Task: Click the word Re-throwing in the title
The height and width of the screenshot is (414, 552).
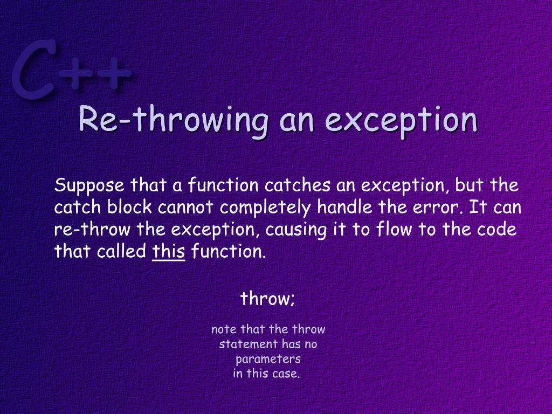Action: pos(172,120)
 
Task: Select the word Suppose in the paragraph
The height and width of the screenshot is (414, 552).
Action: pos(89,187)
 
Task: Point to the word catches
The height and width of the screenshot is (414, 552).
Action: pos(298,186)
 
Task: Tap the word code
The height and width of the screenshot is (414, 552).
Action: pos(496,229)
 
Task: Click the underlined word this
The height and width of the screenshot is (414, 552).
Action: pos(169,251)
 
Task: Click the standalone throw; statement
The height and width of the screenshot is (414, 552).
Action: pos(267,298)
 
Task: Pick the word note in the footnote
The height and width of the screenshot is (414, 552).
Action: pos(224,329)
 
